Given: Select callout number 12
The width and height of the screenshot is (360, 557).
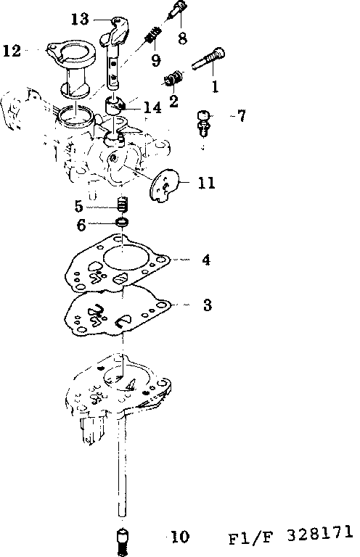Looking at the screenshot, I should [x=12, y=50].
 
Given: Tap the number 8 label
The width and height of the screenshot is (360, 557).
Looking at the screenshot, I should [x=181, y=36].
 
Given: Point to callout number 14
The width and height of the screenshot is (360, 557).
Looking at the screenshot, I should [x=152, y=108].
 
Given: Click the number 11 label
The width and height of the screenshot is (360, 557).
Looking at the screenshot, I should [x=206, y=183].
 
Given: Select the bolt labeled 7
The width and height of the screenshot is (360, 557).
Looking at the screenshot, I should [x=204, y=123].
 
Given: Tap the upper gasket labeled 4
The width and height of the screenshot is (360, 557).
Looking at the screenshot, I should [x=120, y=261].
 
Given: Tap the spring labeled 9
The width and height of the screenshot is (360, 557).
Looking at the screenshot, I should [x=151, y=33].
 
